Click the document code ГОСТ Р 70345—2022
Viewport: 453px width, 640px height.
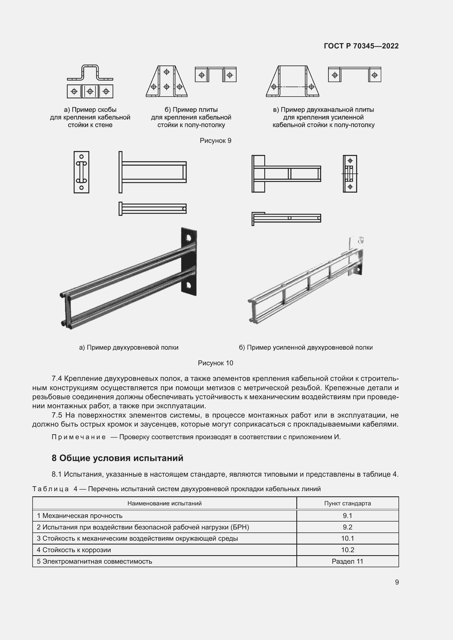coord(361,46)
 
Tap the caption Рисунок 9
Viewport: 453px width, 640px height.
coord(215,140)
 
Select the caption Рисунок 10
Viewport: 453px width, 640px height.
coord(215,363)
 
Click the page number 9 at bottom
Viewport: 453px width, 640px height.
coord(397,582)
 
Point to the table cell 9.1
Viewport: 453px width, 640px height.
coord(347,516)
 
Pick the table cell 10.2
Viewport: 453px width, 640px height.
coord(347,550)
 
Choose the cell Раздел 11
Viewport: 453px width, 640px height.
coord(347,561)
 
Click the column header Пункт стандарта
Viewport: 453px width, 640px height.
coord(347,503)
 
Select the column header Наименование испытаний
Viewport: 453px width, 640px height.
coord(164,503)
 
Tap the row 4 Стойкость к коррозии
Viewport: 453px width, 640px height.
coord(74,550)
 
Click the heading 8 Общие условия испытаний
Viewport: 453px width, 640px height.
coord(117,458)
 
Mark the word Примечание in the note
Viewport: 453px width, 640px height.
coord(78,437)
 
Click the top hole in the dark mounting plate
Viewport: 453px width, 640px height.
coord(188,238)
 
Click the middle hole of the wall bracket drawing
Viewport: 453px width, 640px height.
coord(90,91)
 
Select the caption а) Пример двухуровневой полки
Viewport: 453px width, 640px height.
coord(129,347)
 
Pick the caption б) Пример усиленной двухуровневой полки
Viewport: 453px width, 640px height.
coord(306,347)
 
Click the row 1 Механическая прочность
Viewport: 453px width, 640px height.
coord(80,516)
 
